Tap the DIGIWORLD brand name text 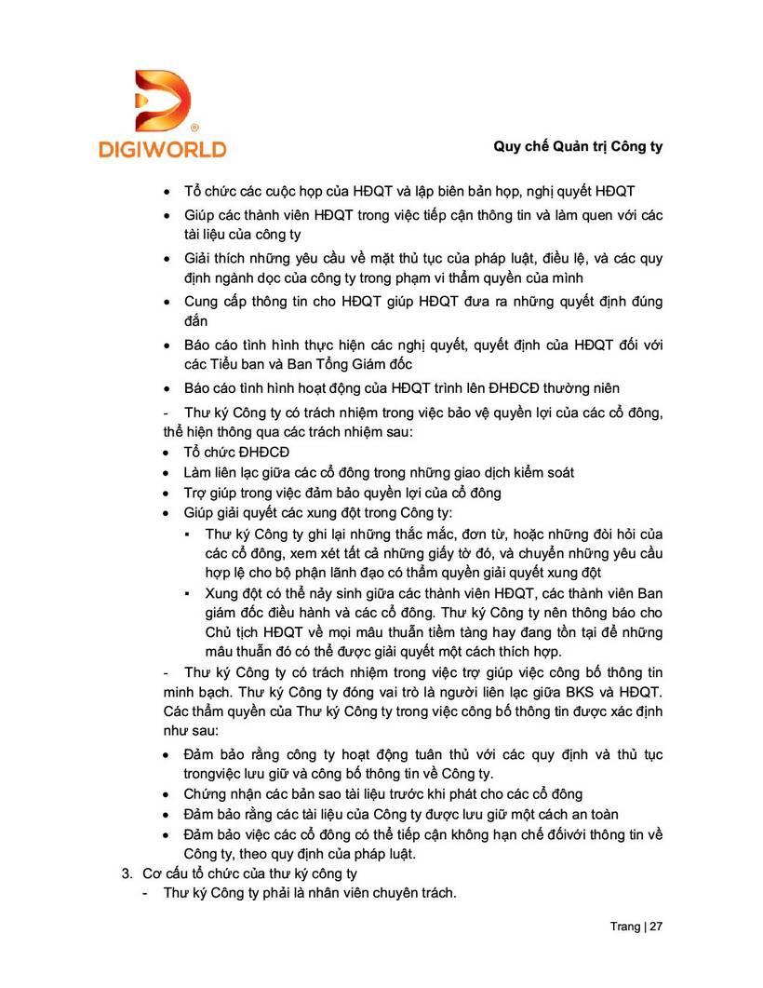162,148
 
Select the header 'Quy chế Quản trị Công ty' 578,147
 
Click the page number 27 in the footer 656,927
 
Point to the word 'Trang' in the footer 624,927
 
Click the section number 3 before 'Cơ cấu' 127,873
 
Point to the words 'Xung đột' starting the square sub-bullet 234,592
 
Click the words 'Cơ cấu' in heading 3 165,873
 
